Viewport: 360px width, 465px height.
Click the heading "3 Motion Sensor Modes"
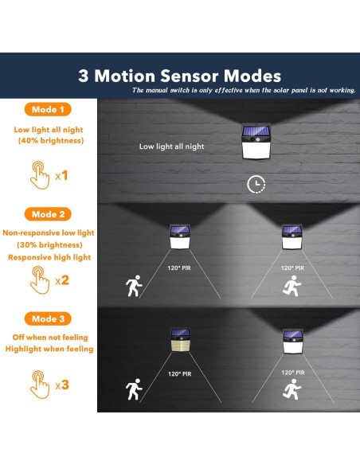tap(179, 76)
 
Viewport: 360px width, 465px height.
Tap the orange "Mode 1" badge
tap(47, 109)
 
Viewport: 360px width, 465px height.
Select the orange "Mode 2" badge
tap(47, 214)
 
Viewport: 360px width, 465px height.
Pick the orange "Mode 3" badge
tap(47, 318)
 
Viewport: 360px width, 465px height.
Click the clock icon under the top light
tap(256, 185)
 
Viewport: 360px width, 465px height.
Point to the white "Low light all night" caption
tap(171, 147)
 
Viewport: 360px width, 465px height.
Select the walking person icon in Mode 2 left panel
tap(132, 285)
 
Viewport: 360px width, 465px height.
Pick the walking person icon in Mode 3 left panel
tap(132, 391)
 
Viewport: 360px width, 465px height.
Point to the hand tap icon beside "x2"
tap(39, 279)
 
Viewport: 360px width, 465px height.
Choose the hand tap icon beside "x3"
tap(39, 384)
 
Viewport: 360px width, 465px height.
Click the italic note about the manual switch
tap(243, 90)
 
